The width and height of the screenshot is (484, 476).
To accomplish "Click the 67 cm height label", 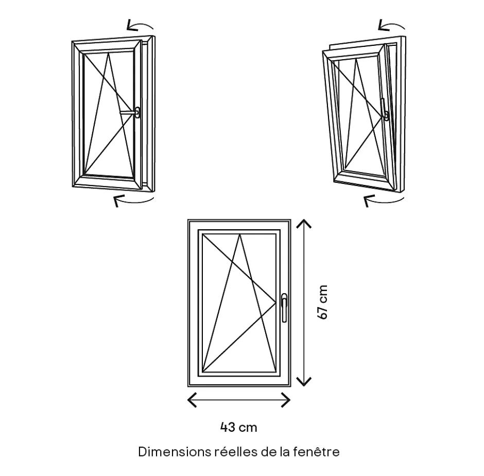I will (x=323, y=302).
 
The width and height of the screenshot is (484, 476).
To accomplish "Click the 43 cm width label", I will (x=238, y=427).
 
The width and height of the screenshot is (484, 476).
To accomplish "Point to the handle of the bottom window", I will (x=284, y=307).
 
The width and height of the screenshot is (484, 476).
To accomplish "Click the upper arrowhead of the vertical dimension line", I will (x=305, y=224).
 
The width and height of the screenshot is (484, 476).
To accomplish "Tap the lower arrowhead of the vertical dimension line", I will (x=305, y=381).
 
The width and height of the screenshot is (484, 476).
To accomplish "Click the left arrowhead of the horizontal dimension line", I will (x=192, y=399).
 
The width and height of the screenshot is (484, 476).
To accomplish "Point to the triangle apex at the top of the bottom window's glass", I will (x=240, y=235).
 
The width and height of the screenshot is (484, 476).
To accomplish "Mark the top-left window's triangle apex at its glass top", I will (x=109, y=53).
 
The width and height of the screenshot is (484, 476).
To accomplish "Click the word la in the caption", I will (x=285, y=452).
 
